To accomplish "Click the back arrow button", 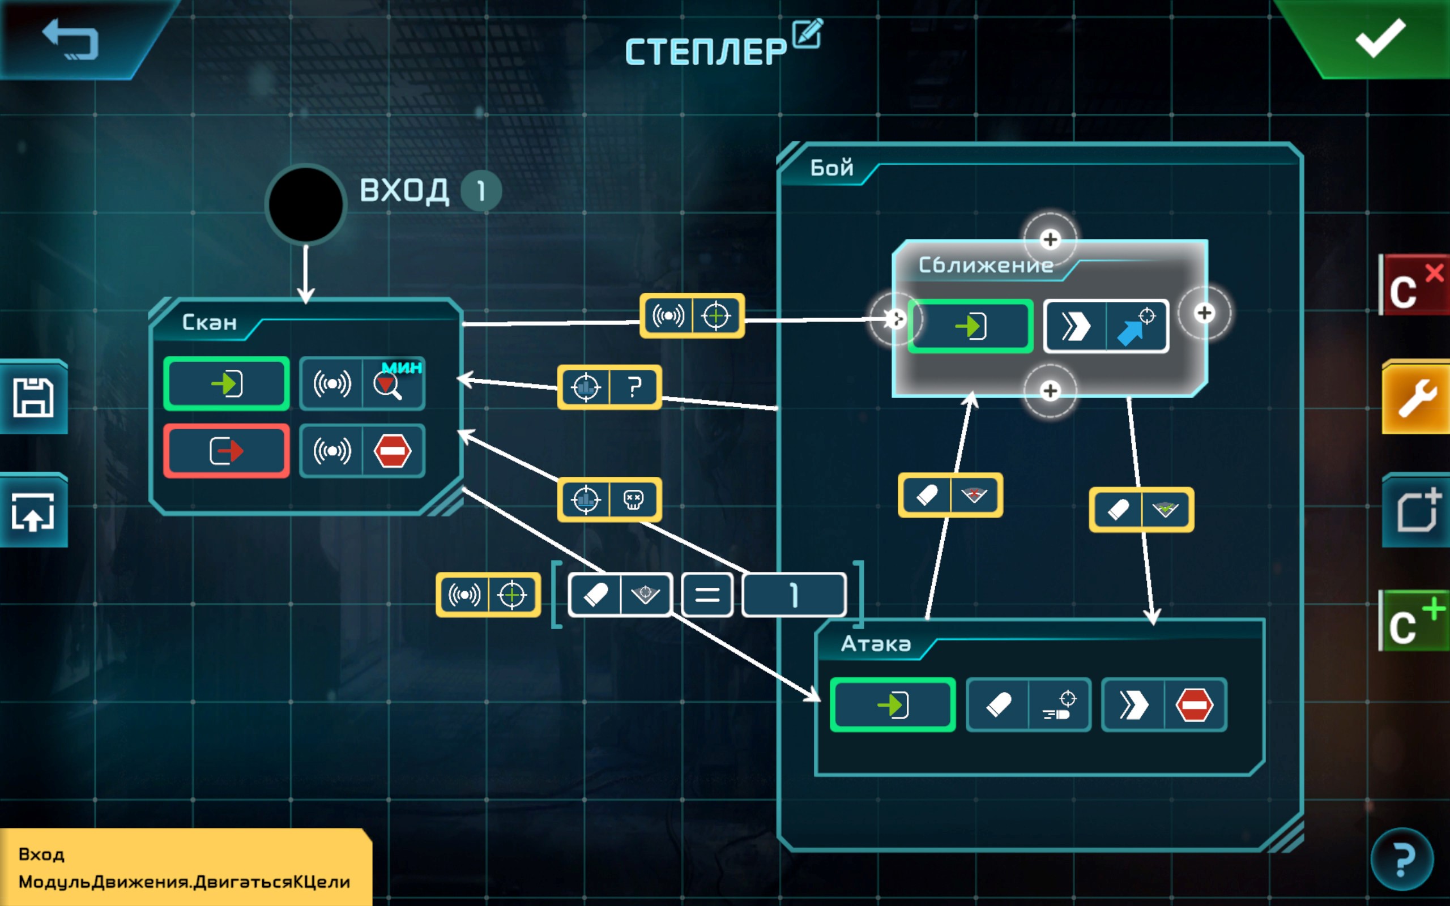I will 70,40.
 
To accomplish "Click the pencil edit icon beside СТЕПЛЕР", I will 807,33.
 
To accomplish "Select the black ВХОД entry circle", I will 306,204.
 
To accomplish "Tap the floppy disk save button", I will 33,397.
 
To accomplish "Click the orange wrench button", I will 1417,398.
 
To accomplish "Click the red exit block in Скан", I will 227,451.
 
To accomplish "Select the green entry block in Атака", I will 892,704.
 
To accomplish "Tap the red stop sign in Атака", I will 1194,704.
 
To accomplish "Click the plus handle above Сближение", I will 1050,240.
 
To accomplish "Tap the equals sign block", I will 707,595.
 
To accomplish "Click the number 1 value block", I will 794,595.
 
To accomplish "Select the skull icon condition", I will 634,499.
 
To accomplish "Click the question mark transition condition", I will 634,387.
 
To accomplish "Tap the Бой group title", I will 831,168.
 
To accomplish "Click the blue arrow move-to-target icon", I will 1136,327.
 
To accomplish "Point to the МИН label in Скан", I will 402,367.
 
